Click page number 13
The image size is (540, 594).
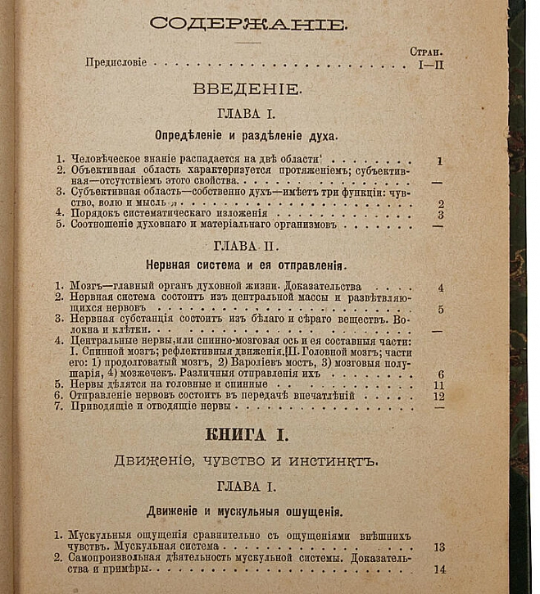(438, 546)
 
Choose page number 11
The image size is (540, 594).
(438, 383)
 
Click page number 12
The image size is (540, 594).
(438, 395)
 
